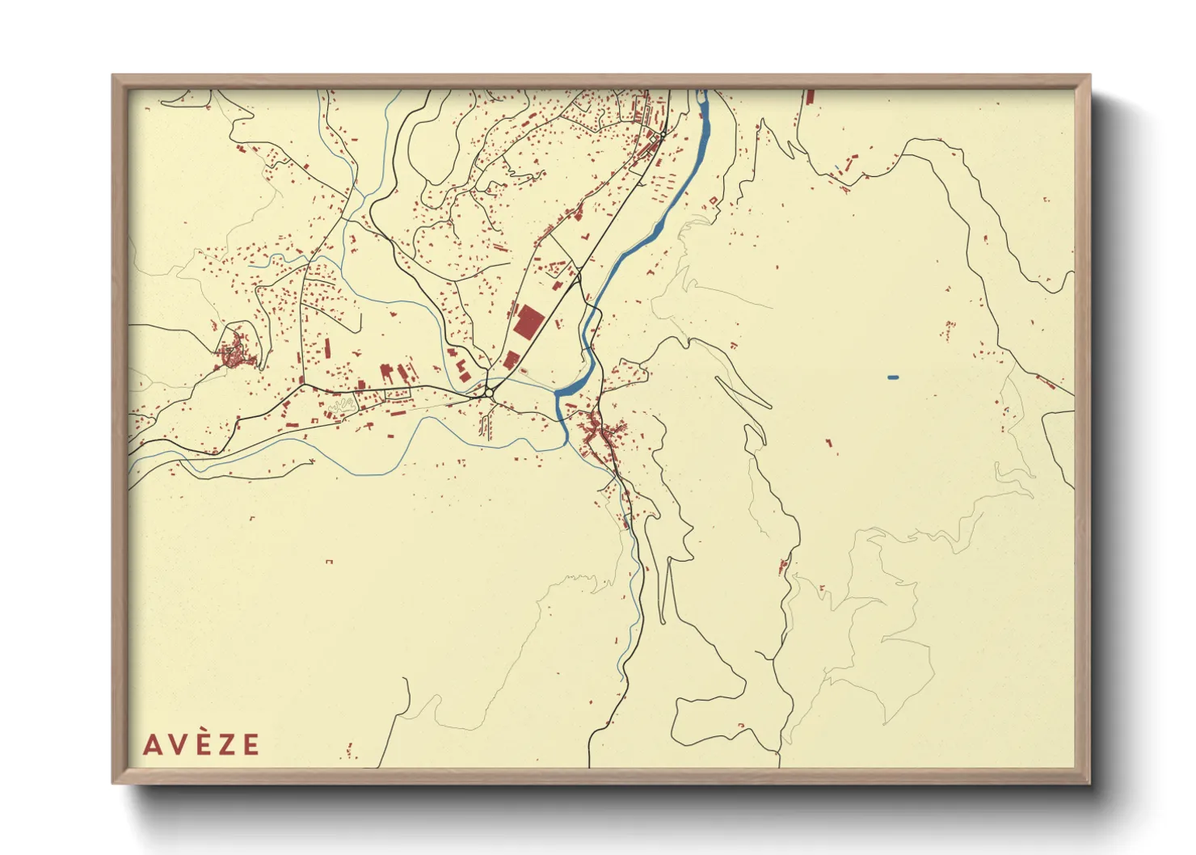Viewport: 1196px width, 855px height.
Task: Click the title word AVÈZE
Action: coord(201,744)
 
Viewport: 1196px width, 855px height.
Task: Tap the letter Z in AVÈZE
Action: coord(228,744)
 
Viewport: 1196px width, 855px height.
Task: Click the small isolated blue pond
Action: coord(893,377)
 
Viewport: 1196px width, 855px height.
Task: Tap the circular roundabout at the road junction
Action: coord(489,393)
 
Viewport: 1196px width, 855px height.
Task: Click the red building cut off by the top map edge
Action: coord(810,96)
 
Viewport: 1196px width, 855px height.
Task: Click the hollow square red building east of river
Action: coord(713,200)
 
